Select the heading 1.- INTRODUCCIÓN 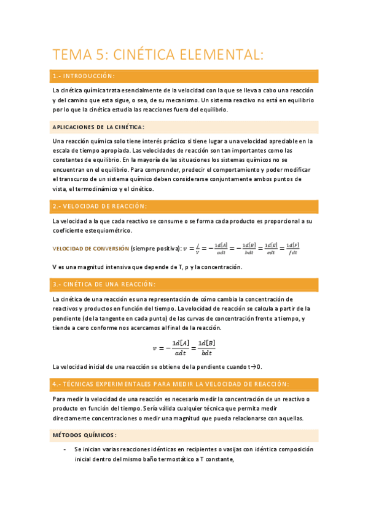pyautogui.click(x=84, y=76)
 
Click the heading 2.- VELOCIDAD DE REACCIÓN pyautogui.click(x=100, y=206)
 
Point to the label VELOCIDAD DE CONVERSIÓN pyautogui.click(x=90, y=249)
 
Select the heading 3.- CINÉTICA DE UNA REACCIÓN pyautogui.click(x=104, y=284)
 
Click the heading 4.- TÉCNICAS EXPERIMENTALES pyautogui.click(x=170, y=384)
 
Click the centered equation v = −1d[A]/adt pyautogui.click(x=186, y=348)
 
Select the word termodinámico pyautogui.click(x=106, y=188)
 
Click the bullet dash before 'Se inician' pyautogui.click(x=65, y=449)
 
